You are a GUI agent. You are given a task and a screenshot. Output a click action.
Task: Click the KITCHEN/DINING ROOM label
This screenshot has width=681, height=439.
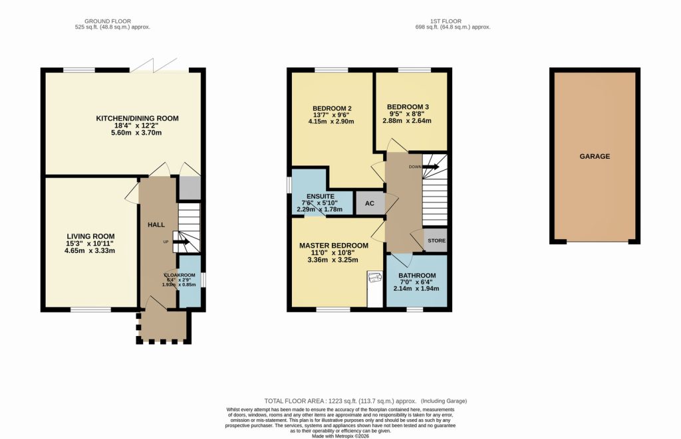click(138, 118)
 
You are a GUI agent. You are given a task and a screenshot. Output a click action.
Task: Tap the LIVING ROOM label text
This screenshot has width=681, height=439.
click(90, 236)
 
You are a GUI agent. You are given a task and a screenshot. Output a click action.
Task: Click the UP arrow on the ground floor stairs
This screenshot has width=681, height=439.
click(181, 242)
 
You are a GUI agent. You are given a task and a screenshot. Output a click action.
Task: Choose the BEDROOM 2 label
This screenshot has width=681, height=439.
click(331, 109)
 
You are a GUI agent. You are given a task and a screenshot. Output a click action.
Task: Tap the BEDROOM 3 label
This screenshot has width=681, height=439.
click(408, 106)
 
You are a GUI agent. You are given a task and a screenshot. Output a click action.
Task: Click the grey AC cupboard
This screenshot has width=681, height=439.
click(370, 204)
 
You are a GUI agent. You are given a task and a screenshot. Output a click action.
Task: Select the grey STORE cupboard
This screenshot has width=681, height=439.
click(436, 240)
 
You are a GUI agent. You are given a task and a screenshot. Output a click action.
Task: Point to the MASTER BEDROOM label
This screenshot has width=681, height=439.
click(334, 246)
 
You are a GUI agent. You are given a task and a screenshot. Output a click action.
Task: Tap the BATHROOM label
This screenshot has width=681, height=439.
click(417, 276)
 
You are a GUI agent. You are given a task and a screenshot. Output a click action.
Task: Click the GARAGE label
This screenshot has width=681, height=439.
click(594, 157)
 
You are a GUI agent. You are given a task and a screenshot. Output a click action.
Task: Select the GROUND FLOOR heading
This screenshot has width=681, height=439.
click(112, 20)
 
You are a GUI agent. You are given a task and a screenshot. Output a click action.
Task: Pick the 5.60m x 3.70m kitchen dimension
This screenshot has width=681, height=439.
click(138, 133)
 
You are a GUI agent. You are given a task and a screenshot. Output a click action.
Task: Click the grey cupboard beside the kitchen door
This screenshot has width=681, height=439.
click(189, 189)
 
